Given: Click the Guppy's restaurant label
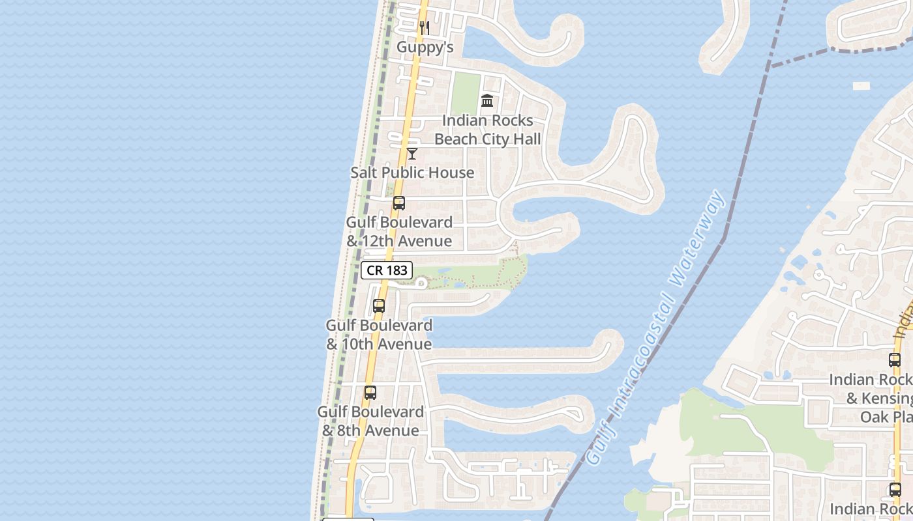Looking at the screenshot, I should click(x=425, y=47).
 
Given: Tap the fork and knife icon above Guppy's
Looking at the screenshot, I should click(x=425, y=28).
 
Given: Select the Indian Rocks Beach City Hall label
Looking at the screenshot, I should click(x=487, y=130).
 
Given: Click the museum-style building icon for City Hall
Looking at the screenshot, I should click(x=487, y=101).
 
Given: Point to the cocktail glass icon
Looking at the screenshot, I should click(x=412, y=154).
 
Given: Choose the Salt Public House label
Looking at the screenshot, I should click(x=412, y=173).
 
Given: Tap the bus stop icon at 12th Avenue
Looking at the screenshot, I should click(x=399, y=203).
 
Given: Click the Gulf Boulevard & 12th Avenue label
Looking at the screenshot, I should click(x=399, y=231).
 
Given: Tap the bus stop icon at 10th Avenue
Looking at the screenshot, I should click(x=379, y=306).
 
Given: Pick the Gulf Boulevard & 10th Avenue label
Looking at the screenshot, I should click(x=379, y=334).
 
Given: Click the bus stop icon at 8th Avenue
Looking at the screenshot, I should click(x=370, y=393).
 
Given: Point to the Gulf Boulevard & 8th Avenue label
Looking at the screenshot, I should click(x=370, y=421).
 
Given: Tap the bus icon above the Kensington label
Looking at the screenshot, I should click(x=895, y=360).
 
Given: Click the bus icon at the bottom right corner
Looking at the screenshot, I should click(x=895, y=490).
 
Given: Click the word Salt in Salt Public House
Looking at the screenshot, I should click(x=365, y=173).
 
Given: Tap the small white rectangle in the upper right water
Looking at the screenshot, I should click(x=861, y=86).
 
